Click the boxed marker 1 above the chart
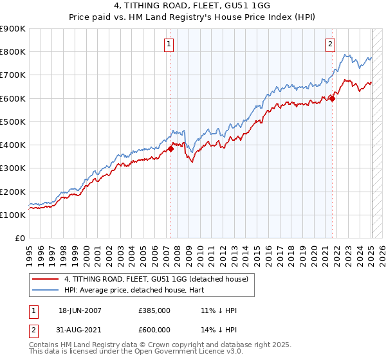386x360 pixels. click(x=168, y=44)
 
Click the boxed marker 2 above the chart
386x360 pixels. click(x=330, y=44)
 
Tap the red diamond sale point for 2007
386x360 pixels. click(x=171, y=148)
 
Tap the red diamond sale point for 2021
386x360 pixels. click(x=333, y=98)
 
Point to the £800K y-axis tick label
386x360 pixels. click(x=13, y=52)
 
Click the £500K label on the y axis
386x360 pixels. click(x=13, y=122)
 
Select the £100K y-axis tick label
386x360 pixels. click(x=13, y=215)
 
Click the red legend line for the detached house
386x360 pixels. click(x=46, y=279)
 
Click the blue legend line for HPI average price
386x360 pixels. click(x=46, y=290)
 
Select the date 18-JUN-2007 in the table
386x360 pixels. click(x=80, y=310)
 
